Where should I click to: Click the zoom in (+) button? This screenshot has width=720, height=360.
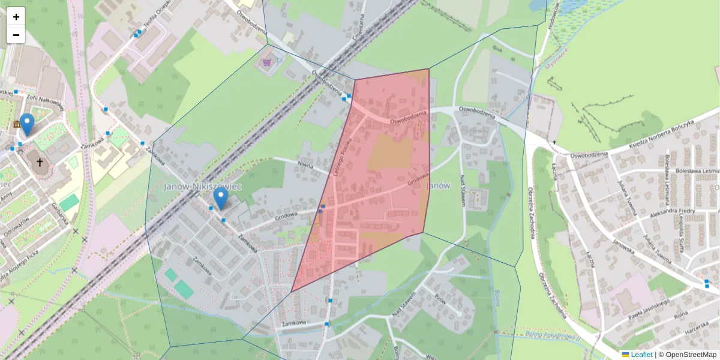tap(16, 17)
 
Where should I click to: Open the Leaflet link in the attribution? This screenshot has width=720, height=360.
tap(641, 355)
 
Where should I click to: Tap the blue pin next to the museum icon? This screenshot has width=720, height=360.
tap(27, 124)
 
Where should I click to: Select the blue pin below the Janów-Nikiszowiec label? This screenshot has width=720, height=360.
tap(221, 198)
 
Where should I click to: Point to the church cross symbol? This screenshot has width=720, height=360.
tap(40, 162)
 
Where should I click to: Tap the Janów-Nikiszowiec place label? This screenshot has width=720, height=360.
tap(202, 187)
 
